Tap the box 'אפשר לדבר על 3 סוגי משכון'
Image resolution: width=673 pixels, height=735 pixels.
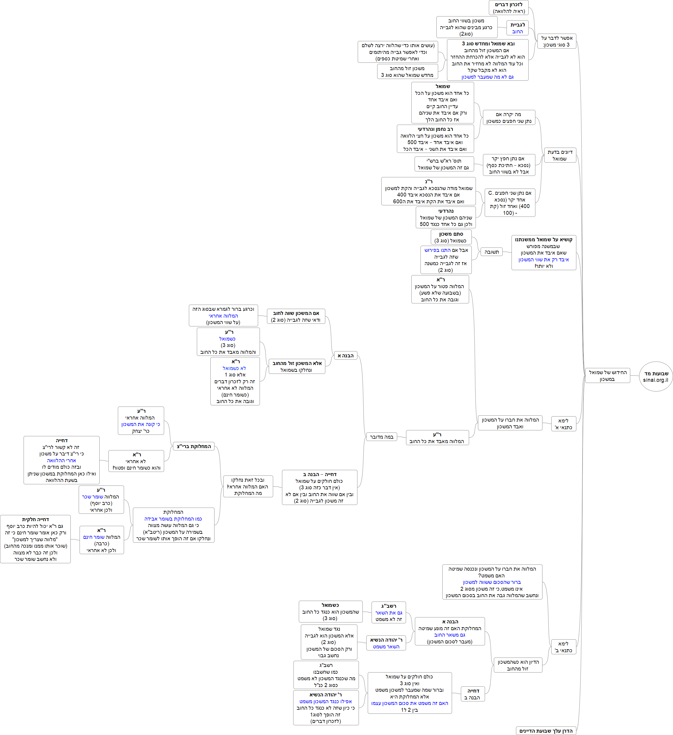pyautogui.click(x=556, y=41)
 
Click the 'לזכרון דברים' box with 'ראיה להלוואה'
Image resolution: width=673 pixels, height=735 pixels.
pyautogui.click(x=508, y=8)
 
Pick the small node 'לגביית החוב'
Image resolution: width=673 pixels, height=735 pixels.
pyautogui.click(x=517, y=28)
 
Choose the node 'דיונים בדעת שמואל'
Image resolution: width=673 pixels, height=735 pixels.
pyautogui.click(x=560, y=155)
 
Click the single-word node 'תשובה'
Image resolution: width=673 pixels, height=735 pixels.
pyautogui.click(x=491, y=252)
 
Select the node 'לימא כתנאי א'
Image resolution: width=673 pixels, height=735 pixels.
pyautogui.click(x=563, y=424)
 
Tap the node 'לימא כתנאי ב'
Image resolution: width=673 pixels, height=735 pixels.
pyautogui.click(x=563, y=647)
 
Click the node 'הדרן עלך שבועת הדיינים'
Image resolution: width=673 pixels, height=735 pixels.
pyautogui.click(x=546, y=731)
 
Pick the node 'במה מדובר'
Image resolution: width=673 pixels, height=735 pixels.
pyautogui.click(x=381, y=437)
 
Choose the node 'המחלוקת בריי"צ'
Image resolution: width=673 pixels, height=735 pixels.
pyautogui.click(x=194, y=446)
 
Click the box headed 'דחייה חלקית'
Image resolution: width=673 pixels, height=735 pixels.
pyautogui.click(x=35, y=539)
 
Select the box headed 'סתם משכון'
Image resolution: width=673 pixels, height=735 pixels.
pyautogui.click(x=451, y=237)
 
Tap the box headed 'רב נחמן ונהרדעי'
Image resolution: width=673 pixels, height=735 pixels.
pyautogui.click(x=435, y=139)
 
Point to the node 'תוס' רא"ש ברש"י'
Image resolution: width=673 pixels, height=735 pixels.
pyautogui.click(x=444, y=164)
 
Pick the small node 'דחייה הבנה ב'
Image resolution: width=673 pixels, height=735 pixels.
pyautogui.click(x=473, y=694)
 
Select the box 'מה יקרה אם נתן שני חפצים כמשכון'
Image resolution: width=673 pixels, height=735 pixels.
pyautogui.click(x=509, y=118)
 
